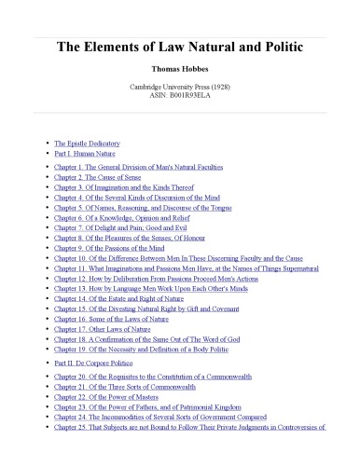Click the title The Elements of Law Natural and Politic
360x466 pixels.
(x=179, y=46)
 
